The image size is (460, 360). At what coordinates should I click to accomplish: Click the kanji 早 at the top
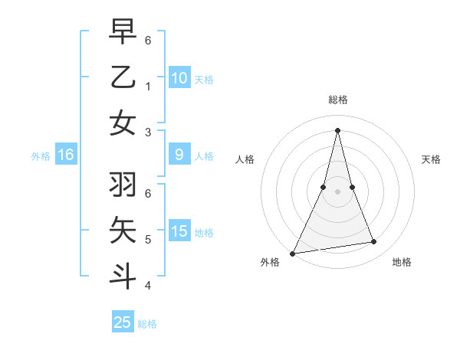click(x=123, y=32)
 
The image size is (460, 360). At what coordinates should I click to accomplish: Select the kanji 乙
click(x=123, y=78)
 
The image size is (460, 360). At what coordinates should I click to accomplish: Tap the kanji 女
click(x=123, y=123)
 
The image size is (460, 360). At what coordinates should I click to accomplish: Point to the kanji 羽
click(x=123, y=185)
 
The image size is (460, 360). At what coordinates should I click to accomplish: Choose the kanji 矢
click(x=123, y=231)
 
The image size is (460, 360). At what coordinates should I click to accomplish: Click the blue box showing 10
click(x=179, y=77)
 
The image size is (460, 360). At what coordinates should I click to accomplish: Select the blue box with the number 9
click(x=179, y=155)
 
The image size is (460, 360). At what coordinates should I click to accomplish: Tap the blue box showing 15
click(x=179, y=231)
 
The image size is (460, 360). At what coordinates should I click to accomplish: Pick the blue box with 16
click(x=66, y=155)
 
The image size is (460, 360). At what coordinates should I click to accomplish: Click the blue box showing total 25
click(x=123, y=322)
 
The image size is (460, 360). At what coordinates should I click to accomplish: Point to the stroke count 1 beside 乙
click(x=148, y=86)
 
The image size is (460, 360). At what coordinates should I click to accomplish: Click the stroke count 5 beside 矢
click(x=148, y=239)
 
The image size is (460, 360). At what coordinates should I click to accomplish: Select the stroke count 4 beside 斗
click(x=148, y=285)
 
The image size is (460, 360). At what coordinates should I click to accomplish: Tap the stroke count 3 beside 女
click(x=148, y=132)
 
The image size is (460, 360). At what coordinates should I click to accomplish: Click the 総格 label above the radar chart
click(x=338, y=100)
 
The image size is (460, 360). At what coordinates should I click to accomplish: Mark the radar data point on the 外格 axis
click(x=293, y=253)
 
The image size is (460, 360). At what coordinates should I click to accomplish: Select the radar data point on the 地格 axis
click(x=374, y=242)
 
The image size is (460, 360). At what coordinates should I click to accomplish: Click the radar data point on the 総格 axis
click(x=338, y=130)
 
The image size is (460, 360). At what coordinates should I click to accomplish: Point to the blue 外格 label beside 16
click(x=41, y=156)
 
